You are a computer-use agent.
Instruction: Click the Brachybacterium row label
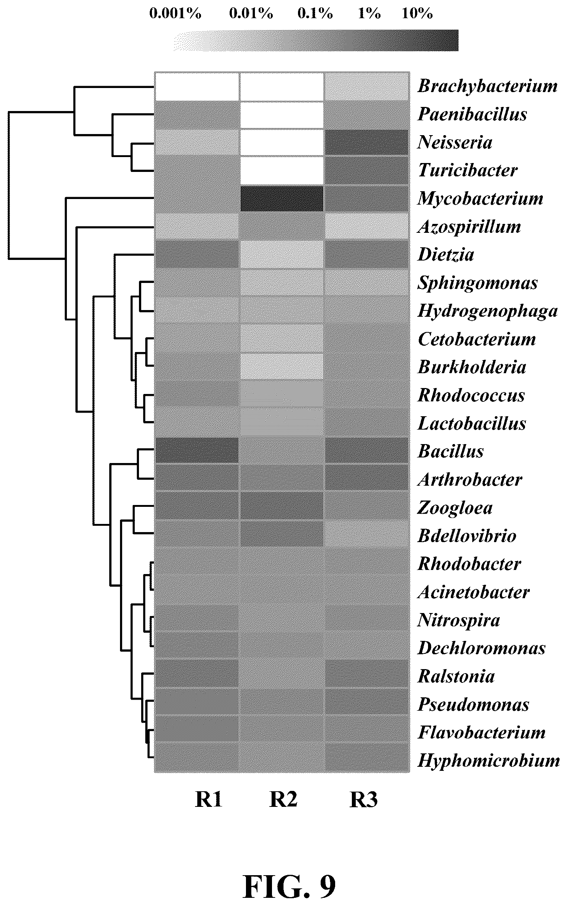[x=487, y=86]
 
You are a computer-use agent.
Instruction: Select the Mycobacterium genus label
[x=480, y=198]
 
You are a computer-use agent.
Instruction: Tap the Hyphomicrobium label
[x=489, y=760]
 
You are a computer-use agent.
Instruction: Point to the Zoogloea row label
[x=455, y=508]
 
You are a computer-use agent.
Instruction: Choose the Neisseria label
[x=454, y=142]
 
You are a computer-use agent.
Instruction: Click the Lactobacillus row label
[x=472, y=423]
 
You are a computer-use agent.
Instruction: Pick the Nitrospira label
[x=459, y=620]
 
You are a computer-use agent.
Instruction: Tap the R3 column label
[x=363, y=800]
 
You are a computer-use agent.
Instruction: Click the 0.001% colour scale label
[x=175, y=14]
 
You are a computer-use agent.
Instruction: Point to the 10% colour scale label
[x=417, y=14]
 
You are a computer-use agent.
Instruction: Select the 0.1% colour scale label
[x=315, y=14]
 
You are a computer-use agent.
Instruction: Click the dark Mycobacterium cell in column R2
[x=282, y=198]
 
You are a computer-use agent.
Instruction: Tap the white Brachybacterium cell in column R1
[x=197, y=87]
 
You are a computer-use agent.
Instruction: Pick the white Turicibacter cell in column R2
[x=282, y=170]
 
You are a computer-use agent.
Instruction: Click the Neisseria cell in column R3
[x=366, y=142]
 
